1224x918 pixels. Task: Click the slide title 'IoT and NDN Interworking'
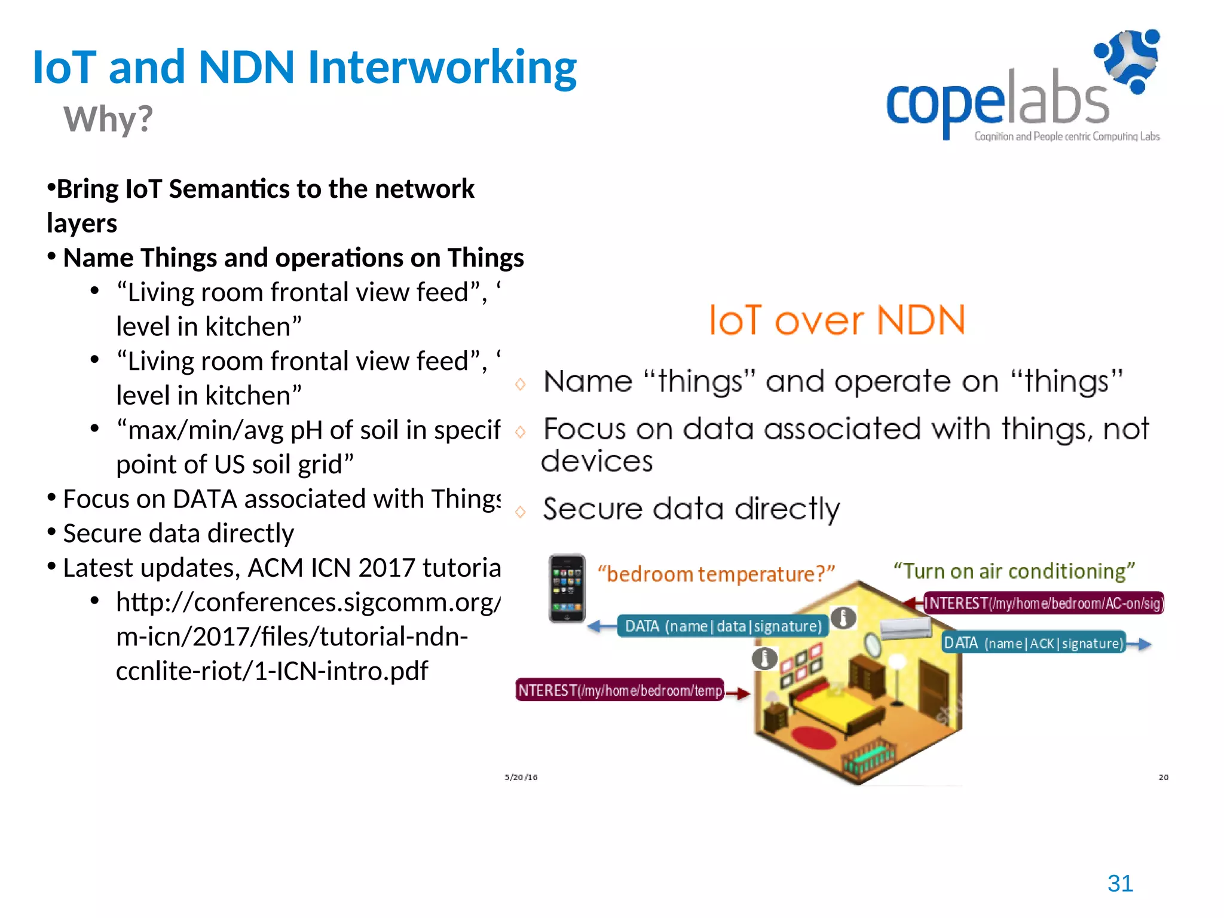coord(305,67)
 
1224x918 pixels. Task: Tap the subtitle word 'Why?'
coord(108,118)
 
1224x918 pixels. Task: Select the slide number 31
coord(1120,883)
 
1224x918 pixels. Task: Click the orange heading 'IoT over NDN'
coord(837,320)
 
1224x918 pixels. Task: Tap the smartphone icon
coord(567,588)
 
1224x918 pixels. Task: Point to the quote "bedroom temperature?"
coord(716,574)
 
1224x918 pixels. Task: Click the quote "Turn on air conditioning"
coord(1014,571)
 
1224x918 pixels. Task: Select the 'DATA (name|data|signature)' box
coord(723,626)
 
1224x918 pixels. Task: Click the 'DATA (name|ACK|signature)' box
coord(1033,643)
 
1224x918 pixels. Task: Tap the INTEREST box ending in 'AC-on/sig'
coord(1044,603)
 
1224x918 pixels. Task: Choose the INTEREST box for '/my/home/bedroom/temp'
coord(620,690)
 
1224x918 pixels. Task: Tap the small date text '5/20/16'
coord(521,777)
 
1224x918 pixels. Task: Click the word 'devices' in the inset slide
coord(596,461)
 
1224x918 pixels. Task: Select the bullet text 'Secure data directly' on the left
coord(178,533)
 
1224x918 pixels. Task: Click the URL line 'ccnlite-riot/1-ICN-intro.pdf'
coord(272,671)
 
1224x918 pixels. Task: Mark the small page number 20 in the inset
coord(1163,777)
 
